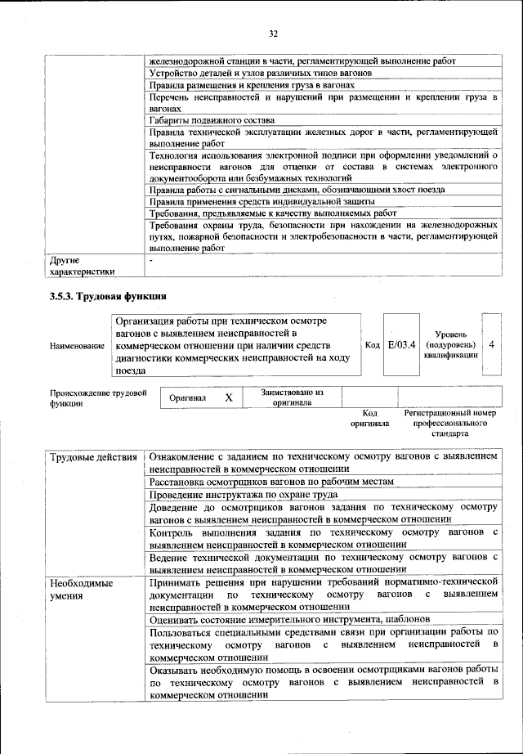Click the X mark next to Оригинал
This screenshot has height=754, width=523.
[x=229, y=397]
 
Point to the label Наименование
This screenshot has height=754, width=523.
[x=78, y=346]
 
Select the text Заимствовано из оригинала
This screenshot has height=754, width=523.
[x=293, y=397]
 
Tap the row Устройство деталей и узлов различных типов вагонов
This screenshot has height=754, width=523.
[x=261, y=73]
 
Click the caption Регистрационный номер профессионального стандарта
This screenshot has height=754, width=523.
[x=449, y=424]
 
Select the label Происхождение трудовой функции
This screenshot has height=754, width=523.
[x=98, y=397]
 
